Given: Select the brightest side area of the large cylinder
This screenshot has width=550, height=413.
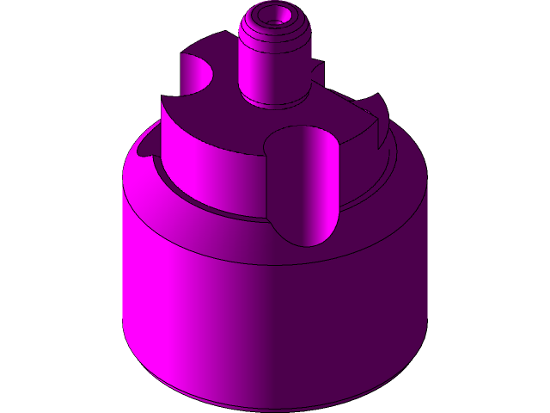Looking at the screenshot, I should point(172,293).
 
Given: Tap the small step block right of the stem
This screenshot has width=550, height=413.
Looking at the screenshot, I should point(316,73).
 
